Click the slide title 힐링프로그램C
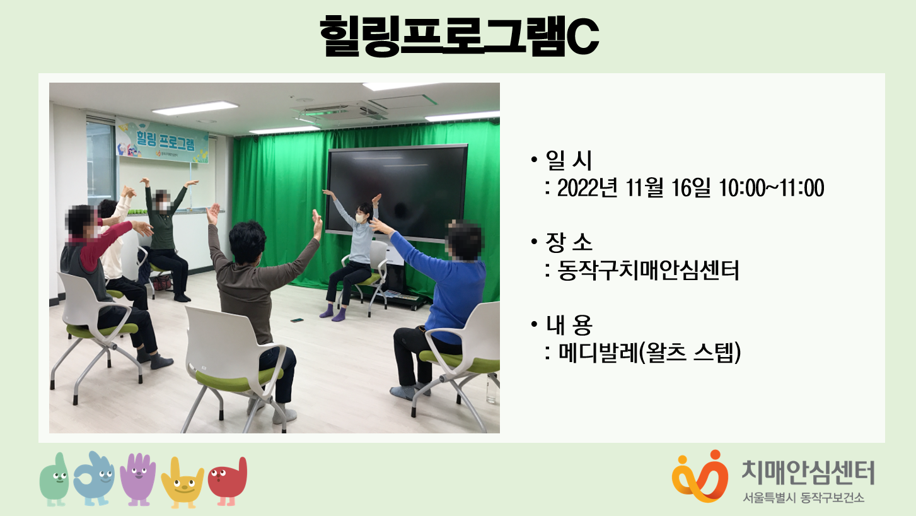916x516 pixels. [459, 36]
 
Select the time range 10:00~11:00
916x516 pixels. [771, 188]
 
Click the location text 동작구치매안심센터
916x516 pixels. [648, 271]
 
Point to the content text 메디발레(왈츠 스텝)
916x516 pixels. [649, 353]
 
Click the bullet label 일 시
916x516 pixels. [569, 160]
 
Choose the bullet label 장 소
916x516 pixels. [569, 242]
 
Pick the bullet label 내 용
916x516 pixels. [569, 324]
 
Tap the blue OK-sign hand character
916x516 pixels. [94, 478]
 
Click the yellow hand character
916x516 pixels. [182, 483]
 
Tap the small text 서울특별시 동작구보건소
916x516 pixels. [803, 498]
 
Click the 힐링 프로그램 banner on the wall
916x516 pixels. [162, 140]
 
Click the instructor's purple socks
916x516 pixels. [333, 313]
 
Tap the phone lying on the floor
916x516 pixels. [298, 320]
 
